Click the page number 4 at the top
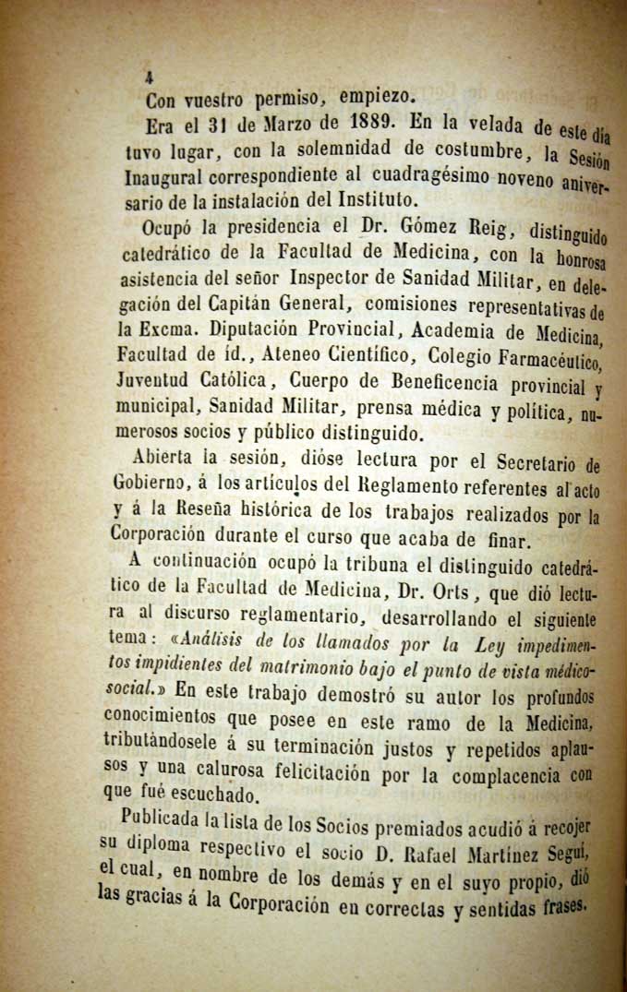click(148, 78)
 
